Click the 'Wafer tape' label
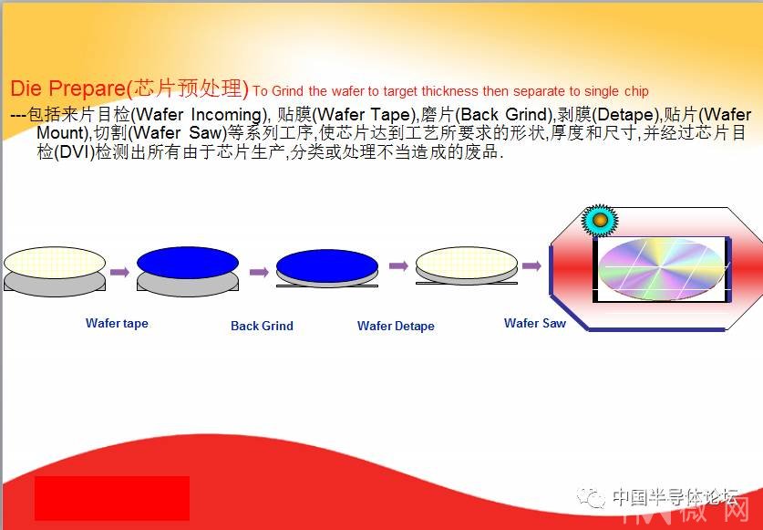click(117, 324)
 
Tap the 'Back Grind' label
click(262, 326)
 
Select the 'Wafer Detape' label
click(396, 326)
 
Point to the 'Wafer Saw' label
click(535, 323)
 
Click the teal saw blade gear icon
click(600, 220)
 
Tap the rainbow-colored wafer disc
click(660, 269)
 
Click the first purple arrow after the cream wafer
click(119, 272)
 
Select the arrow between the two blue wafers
click(260, 272)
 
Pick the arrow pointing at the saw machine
click(531, 265)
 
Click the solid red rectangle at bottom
click(112, 498)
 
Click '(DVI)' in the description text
click(74, 152)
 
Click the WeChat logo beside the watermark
click(591, 497)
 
